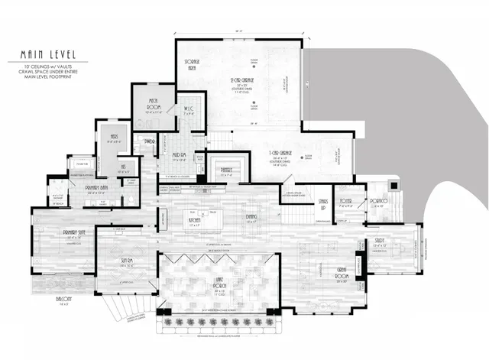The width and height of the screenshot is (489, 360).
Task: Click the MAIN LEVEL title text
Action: (x=46, y=55)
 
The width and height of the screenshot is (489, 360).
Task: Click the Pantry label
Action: (x=227, y=170)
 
